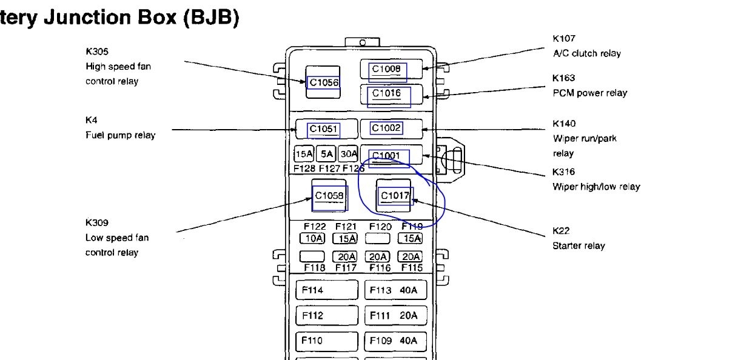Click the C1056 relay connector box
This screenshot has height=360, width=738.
(323, 82)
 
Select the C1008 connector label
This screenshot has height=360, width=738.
(386, 70)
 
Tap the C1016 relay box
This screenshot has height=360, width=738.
(387, 94)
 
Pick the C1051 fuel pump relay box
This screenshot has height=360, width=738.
(324, 128)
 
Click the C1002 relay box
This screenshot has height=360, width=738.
(387, 128)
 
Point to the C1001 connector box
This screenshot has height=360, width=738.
(386, 156)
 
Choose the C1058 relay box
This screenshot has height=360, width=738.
(329, 195)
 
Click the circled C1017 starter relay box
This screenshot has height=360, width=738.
(395, 195)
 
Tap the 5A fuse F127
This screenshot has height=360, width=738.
(327, 154)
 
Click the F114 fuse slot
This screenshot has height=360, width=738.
(326, 290)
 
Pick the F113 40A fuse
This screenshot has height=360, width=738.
(395, 290)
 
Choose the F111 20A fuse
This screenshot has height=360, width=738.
(395, 316)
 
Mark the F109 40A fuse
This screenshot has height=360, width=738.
(395, 341)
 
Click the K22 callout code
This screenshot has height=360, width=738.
(561, 231)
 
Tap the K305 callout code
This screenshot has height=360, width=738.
(96, 52)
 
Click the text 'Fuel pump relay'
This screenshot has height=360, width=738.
(120, 135)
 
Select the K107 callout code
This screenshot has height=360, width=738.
(564, 39)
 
